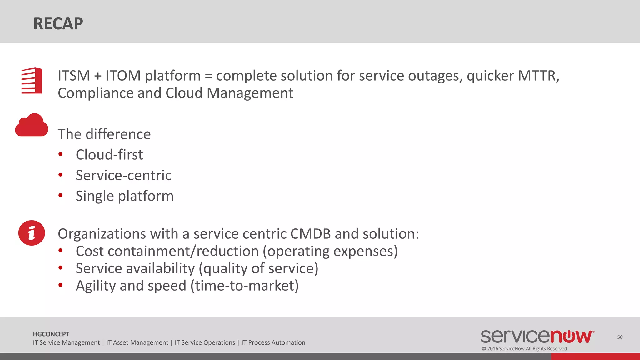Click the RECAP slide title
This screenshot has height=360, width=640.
click(58, 24)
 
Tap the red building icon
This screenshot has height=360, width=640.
click(32, 81)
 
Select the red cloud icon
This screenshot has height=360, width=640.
click(32, 125)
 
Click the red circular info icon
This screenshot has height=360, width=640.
click(32, 233)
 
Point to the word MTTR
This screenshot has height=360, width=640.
click(538, 76)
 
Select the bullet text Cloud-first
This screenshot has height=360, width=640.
click(109, 155)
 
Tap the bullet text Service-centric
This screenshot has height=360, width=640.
click(123, 175)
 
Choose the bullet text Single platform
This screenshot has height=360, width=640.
click(124, 196)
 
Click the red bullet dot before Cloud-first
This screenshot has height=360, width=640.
click(61, 154)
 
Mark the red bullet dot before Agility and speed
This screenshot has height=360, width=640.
click(61, 285)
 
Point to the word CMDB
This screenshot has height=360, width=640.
click(310, 234)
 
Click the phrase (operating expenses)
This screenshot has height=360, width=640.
click(330, 251)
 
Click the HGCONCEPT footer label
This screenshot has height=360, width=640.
click(51, 334)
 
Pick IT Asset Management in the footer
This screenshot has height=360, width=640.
click(137, 343)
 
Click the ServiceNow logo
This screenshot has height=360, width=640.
click(537, 336)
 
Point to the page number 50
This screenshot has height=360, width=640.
click(620, 337)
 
